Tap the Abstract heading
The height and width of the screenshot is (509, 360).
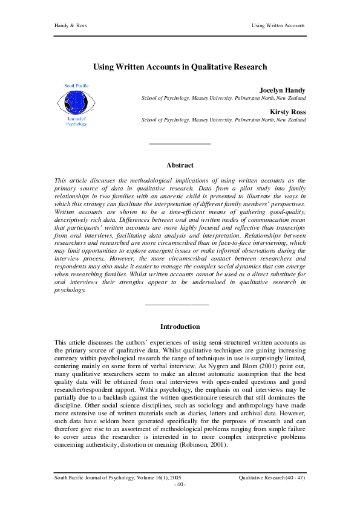click(180, 165)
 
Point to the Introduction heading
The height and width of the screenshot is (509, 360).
click(180, 326)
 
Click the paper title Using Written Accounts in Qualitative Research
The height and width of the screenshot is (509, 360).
click(180, 68)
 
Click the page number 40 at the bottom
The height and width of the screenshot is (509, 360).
click(180, 485)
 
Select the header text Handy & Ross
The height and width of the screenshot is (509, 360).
click(68, 26)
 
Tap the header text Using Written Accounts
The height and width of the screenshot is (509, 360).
click(278, 26)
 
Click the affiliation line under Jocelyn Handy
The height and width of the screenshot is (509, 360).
click(223, 98)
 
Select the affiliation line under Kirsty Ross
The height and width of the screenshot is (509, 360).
click(223, 120)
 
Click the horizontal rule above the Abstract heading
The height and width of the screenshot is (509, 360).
click(180, 143)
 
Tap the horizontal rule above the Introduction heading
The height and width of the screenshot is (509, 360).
click(177, 303)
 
